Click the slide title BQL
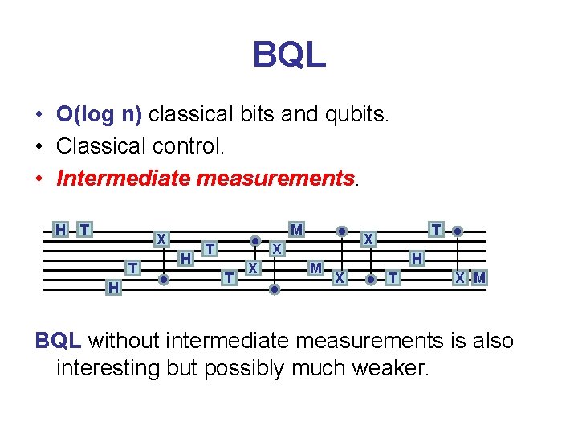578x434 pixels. [289, 55]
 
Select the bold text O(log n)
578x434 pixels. [99, 114]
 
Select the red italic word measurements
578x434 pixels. [275, 178]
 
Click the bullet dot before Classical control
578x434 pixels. [39, 147]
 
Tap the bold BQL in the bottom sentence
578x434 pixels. [58, 341]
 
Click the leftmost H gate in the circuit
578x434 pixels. [60, 230]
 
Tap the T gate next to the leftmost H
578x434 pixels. [84, 230]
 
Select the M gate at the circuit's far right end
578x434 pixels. [480, 278]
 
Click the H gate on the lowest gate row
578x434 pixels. [114, 287]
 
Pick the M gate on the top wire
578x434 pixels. [297, 230]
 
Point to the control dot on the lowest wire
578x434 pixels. [275, 288]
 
